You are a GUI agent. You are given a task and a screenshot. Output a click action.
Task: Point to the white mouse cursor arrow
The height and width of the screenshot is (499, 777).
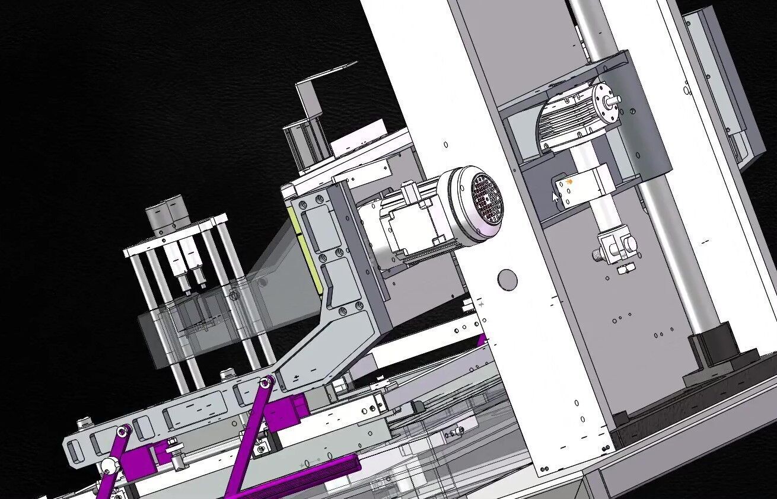tap(556, 197)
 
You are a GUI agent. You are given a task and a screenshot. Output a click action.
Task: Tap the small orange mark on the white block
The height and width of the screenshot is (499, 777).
tap(569, 181)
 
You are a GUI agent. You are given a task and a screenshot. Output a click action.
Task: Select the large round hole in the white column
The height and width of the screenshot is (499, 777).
tap(507, 279)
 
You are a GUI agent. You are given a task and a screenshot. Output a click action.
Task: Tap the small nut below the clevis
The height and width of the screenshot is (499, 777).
tap(623, 270)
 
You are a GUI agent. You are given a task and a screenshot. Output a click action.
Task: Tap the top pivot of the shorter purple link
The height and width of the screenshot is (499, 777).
tap(123, 431)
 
